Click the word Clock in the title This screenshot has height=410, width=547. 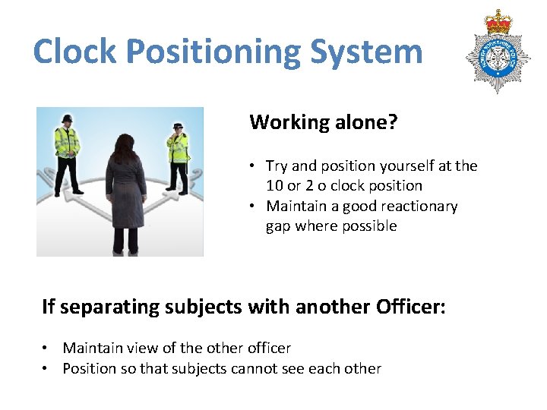pos(74,52)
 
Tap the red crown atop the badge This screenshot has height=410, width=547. pos(498,21)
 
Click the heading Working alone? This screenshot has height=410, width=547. pos(323,121)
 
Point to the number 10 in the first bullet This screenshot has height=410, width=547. pos(274,185)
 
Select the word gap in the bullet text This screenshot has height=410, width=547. pos(277,225)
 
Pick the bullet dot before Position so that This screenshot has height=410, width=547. pos(46,369)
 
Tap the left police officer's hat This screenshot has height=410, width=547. pos(66,118)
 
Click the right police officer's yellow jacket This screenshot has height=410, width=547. pos(179,148)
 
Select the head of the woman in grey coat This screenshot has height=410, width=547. pos(125,144)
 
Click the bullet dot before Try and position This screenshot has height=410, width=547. pos(251,166)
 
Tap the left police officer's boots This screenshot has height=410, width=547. pos(67,191)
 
